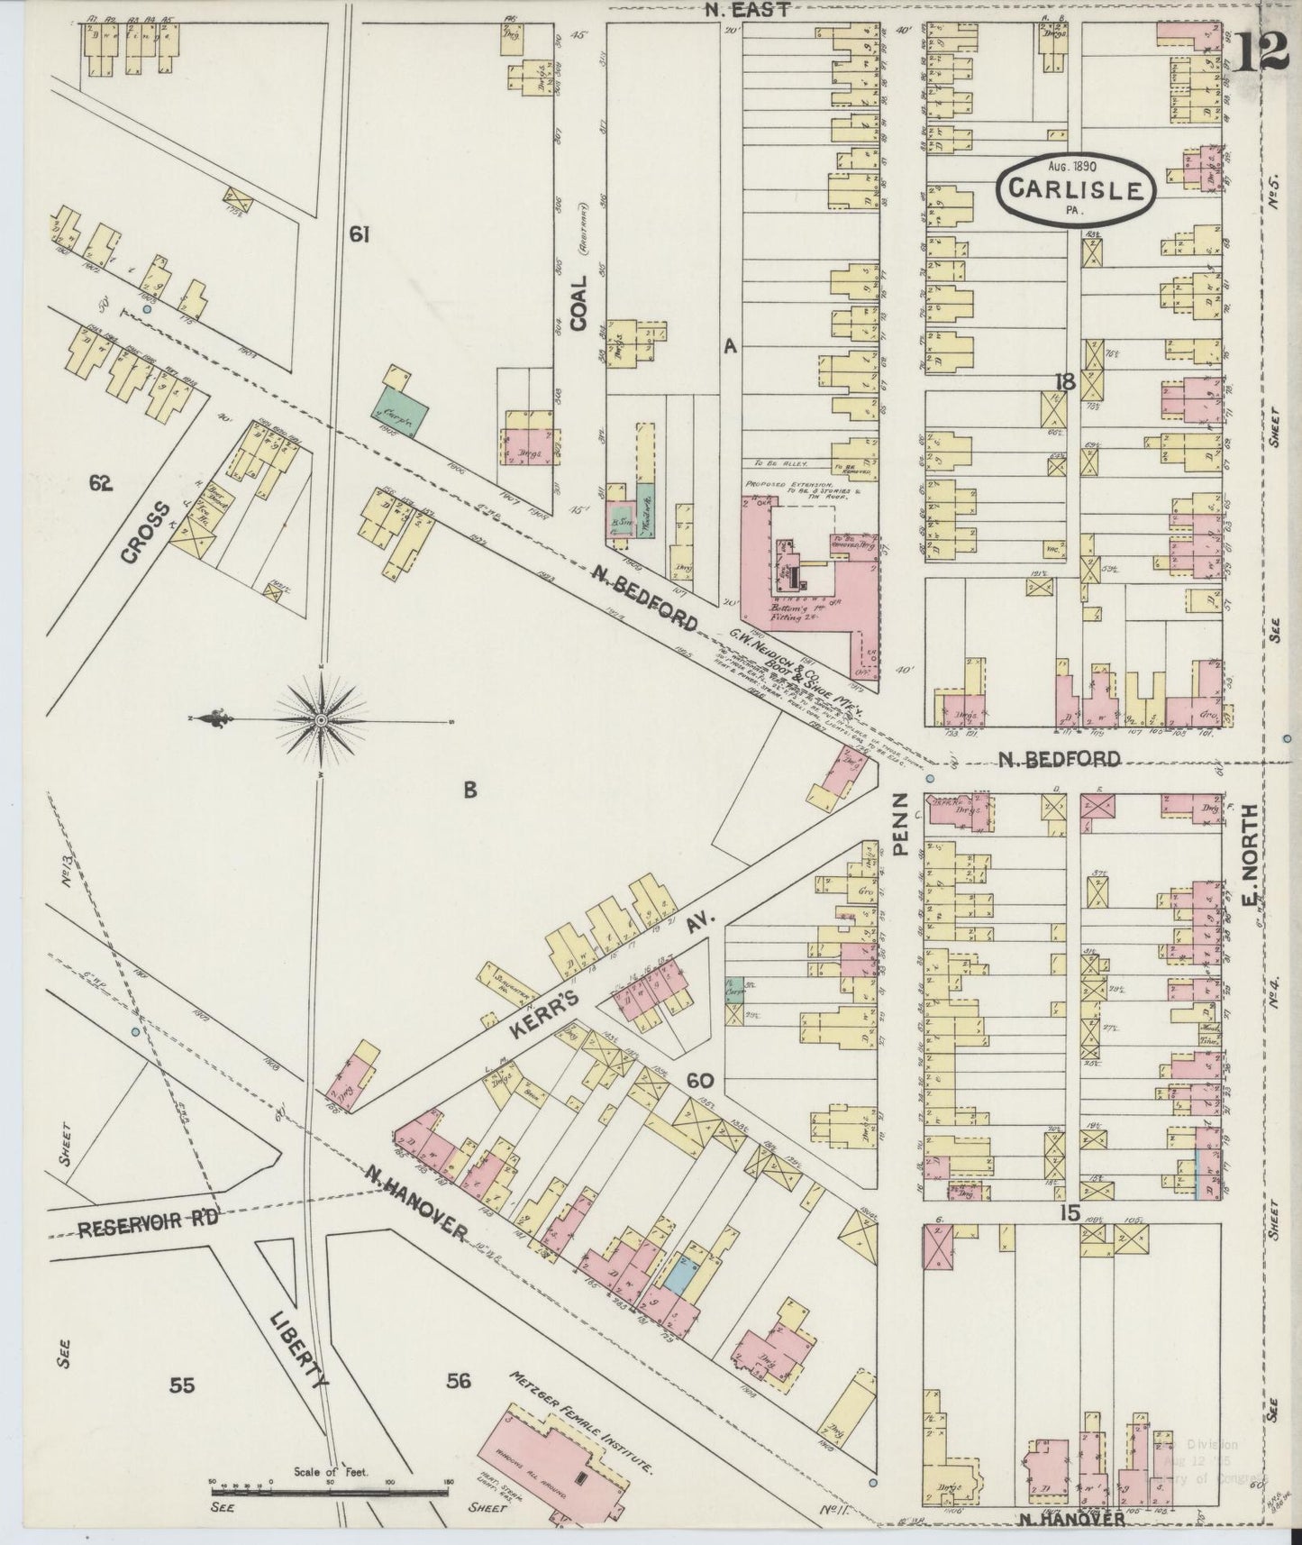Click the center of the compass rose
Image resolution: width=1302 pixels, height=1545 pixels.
pos(322,721)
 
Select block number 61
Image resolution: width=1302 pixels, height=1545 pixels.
pos(360,235)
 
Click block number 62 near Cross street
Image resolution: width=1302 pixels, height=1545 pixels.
pos(100,484)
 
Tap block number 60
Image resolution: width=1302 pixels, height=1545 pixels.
pos(699,1080)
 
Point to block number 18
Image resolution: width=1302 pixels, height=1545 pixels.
pos(1065,381)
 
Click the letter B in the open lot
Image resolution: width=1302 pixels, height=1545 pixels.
pos(469,791)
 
